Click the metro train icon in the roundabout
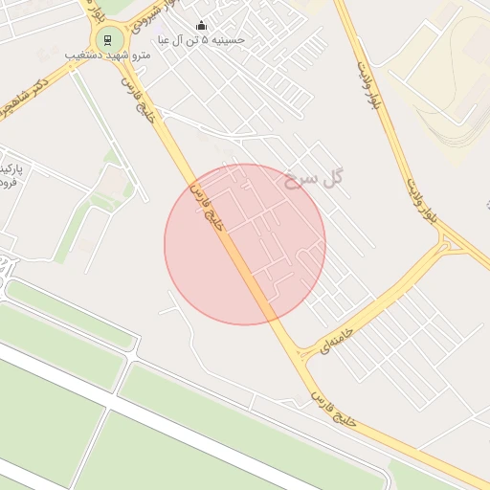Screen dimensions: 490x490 point(106,40)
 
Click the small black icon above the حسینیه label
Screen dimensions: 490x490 point(201,26)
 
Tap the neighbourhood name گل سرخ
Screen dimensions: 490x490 point(313,178)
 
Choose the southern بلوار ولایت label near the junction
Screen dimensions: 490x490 point(420,201)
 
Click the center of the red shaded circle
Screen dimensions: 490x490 point(245,244)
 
